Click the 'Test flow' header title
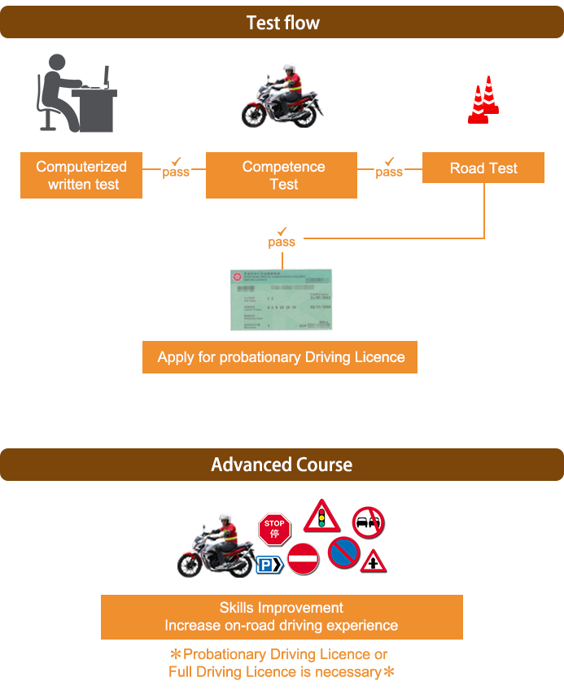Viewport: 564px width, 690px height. [282, 23]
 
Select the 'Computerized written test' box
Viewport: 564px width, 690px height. [82, 176]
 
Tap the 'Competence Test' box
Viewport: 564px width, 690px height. [282, 176]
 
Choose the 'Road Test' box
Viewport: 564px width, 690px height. [483, 168]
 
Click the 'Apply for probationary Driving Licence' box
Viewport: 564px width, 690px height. [280, 357]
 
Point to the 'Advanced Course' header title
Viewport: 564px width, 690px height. [282, 465]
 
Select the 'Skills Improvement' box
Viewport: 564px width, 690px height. [282, 617]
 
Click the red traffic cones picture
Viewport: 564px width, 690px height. [483, 100]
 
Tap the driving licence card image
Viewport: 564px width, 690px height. [282, 299]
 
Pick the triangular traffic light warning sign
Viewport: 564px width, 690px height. [322, 517]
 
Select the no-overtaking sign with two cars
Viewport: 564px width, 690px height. [368, 522]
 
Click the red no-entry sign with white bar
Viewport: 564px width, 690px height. [303, 559]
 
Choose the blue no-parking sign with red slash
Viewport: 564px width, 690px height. [343, 552]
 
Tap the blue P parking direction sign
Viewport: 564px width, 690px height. [269, 565]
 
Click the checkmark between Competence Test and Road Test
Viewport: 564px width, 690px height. [389, 162]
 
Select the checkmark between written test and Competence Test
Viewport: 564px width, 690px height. [176, 162]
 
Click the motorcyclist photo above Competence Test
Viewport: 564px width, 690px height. [282, 95]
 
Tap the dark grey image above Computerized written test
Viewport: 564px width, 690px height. [77, 93]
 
